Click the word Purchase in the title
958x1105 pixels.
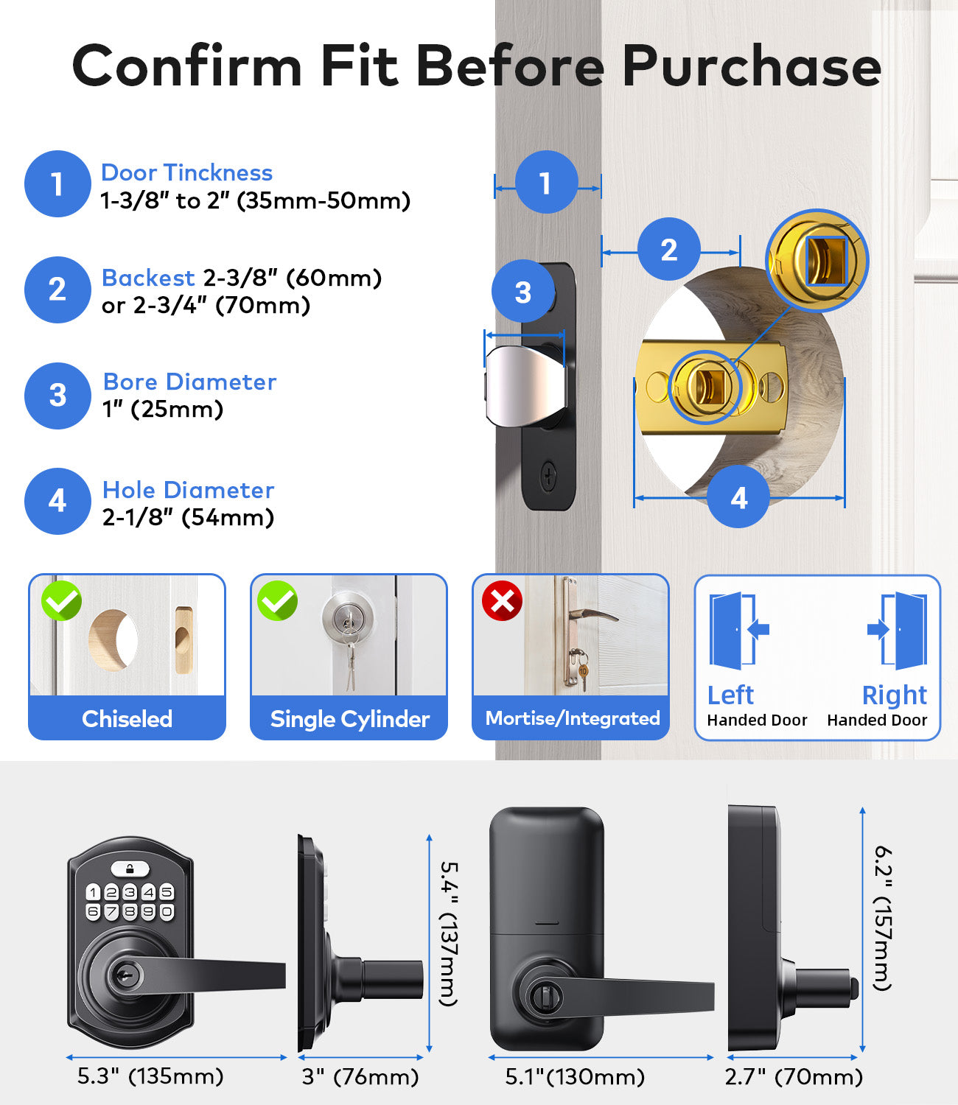752,66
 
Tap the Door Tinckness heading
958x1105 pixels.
186,172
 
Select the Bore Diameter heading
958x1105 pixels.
189,382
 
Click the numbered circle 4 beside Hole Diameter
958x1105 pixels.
57,501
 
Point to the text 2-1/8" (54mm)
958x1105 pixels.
188,518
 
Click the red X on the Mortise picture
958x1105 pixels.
502,601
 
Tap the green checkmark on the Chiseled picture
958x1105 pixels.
61,601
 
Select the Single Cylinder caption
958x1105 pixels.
349,719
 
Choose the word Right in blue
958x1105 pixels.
894,695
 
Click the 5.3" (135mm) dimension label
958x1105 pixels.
150,1076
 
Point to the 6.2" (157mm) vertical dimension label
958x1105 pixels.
883,918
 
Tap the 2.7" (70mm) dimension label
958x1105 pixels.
794,1077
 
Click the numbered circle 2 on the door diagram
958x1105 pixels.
668,250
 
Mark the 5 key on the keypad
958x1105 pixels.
167,892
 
